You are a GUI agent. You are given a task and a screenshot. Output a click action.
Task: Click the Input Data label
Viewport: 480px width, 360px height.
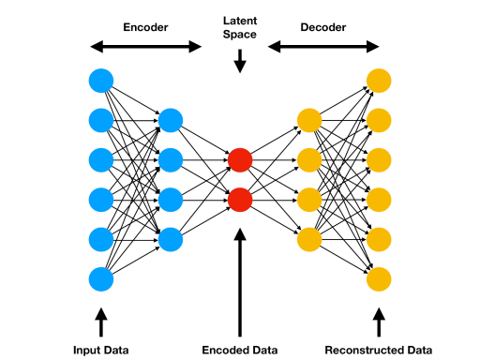pos(101,350)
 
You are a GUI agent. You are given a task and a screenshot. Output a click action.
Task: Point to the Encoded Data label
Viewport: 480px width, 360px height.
pos(240,350)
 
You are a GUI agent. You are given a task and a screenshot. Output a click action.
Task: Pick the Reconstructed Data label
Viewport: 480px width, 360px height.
pos(379,350)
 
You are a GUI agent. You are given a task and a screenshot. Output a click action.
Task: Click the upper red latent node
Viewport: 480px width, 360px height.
pos(240,159)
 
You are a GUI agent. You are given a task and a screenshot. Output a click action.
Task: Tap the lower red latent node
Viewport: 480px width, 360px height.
pos(240,199)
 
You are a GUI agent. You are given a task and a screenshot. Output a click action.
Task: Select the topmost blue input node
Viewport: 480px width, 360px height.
pos(101,80)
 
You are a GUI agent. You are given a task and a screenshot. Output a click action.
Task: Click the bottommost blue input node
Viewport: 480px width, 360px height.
pos(101,278)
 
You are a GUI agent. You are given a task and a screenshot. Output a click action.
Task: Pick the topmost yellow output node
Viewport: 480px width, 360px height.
pos(379,80)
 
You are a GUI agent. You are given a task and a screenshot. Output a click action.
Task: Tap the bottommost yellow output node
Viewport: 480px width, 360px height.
pos(379,278)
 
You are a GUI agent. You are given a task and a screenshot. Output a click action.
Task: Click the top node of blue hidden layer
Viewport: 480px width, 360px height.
pos(171,120)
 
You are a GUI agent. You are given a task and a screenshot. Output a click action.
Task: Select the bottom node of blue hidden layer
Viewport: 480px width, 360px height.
pos(171,239)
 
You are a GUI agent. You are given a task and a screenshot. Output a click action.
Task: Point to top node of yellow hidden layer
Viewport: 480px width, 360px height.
pos(309,120)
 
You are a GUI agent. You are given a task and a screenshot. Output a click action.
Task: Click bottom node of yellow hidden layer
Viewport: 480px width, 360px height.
pos(309,239)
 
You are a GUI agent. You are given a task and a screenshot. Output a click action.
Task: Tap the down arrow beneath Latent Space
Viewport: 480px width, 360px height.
pos(240,61)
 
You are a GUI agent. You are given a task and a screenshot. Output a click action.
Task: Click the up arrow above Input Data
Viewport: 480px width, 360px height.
pos(101,323)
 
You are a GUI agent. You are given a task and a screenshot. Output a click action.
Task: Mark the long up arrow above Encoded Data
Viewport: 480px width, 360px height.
pos(240,281)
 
